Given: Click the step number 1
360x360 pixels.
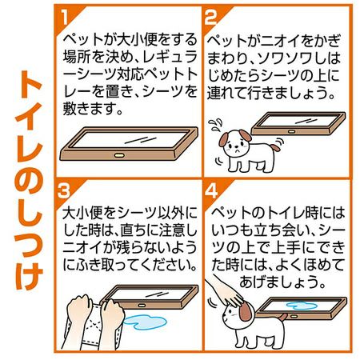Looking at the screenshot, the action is [64, 17].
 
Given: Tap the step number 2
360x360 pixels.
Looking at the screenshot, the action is [210, 17].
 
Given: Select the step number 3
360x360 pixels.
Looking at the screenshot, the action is [64, 191].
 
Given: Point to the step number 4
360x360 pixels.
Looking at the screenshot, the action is [211, 191].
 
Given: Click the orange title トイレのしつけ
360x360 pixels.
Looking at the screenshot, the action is [29, 181].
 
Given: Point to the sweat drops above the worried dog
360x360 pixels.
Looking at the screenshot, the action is [215, 124].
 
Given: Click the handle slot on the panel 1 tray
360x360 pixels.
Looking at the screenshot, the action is [118, 155].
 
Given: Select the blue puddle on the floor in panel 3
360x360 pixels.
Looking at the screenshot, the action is [145, 322].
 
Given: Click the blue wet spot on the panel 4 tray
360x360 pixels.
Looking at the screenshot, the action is [301, 305].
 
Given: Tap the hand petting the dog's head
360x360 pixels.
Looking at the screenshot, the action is [226, 292].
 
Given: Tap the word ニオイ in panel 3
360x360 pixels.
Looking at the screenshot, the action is [82, 247].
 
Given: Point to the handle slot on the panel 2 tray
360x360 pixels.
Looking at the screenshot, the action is [292, 131].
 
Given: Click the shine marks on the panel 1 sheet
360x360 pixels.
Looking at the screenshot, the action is [141, 140].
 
